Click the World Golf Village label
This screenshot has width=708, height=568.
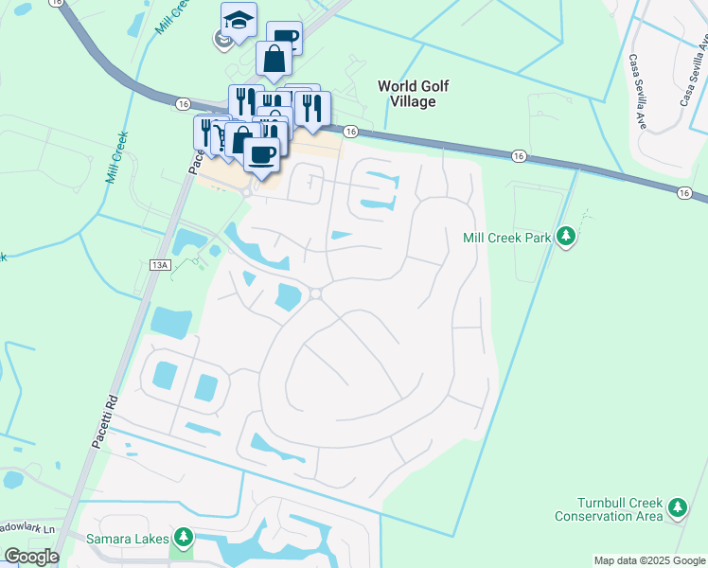(413, 93)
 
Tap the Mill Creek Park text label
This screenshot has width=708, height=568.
(506, 239)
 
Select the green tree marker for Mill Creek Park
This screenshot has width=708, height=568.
(566, 236)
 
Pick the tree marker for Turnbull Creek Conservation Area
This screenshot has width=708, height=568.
(677, 508)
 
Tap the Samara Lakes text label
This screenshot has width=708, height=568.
(128, 539)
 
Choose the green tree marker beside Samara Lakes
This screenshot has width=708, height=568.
(183, 539)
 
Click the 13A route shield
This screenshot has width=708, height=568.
(158, 266)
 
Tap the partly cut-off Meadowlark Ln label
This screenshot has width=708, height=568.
(28, 528)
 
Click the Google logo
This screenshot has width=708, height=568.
(31, 557)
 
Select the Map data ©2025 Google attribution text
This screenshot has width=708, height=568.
(649, 560)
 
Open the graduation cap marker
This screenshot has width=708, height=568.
(239, 19)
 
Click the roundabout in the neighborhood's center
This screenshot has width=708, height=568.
(315, 293)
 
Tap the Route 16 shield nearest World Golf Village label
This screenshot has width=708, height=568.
(350, 132)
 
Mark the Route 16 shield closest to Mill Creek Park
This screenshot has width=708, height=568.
(518, 154)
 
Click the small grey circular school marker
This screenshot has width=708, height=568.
(221, 39)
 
